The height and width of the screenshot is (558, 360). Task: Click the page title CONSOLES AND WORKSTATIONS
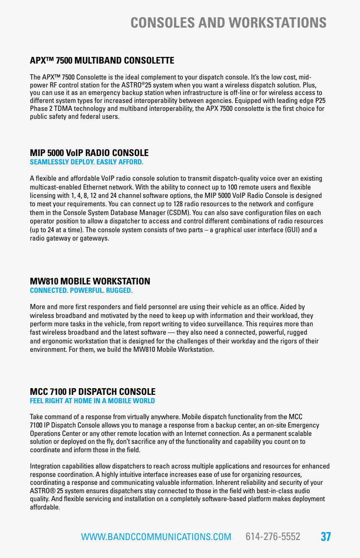[x=228, y=23]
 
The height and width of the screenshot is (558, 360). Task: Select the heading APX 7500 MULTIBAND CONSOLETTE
[x=102, y=61]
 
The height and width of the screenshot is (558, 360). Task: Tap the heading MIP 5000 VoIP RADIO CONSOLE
[x=89, y=153]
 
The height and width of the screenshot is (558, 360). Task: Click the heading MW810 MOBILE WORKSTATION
[x=90, y=281]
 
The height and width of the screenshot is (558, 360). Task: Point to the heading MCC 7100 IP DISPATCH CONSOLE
[x=93, y=392]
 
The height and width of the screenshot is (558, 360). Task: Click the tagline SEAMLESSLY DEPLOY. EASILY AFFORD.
[x=86, y=162]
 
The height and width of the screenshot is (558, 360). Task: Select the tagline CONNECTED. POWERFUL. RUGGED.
[x=81, y=290]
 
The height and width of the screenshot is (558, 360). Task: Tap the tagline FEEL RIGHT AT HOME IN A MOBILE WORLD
[x=92, y=401]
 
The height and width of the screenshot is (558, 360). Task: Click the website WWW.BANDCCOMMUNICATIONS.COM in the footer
[x=156, y=537]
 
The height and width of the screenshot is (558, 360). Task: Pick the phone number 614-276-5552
[x=273, y=537]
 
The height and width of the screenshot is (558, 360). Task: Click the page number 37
[x=326, y=537]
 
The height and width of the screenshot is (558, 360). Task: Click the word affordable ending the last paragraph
[x=45, y=507]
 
